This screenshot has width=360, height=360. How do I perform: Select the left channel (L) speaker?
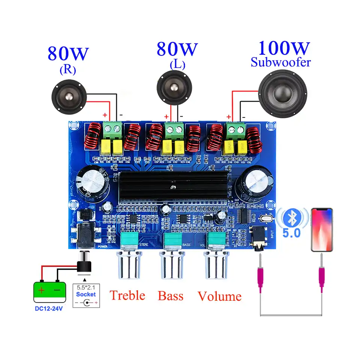[174, 88]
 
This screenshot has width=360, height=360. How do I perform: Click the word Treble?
[127, 295]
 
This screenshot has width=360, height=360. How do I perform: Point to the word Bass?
[171, 296]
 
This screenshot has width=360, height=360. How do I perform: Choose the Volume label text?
[219, 296]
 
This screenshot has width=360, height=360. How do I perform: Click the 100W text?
[284, 49]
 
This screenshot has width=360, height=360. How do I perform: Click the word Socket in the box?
[86, 294]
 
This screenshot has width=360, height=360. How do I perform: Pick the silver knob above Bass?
[172, 265]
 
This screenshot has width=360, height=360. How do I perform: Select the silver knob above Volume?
[216, 265]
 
